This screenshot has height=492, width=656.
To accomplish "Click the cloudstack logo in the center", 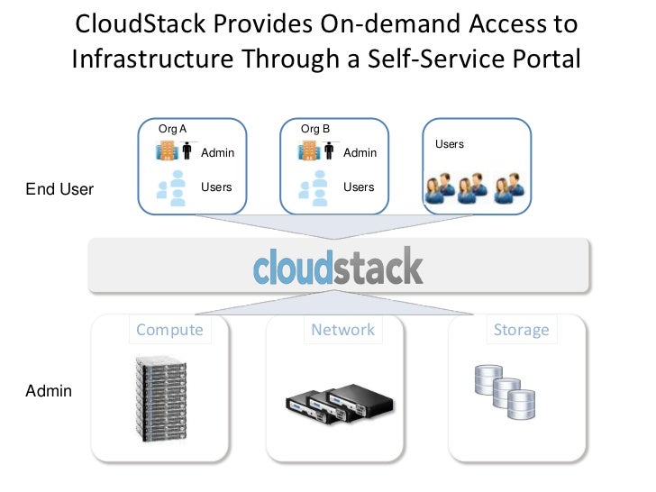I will coord(338,267).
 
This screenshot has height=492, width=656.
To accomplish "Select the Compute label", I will coord(169,330).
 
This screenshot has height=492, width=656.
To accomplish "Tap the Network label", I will coord(342,330).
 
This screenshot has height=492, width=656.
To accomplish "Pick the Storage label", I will coord(521,330).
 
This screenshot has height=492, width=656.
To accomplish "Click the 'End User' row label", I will coord(60,190).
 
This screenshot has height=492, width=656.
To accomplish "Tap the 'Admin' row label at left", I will coord(49,392).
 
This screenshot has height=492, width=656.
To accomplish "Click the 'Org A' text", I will coord(172,129).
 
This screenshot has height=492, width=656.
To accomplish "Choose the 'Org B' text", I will coord(315,129).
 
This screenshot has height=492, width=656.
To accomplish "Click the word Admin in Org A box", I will coord(217,153).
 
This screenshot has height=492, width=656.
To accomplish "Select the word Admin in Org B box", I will coord(360,153).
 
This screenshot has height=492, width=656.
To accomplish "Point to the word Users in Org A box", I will coord(216,187).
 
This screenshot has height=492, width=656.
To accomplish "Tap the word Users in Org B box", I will coord(359,187).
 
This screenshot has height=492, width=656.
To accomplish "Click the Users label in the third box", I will coord(450,144).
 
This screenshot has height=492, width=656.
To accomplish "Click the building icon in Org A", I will coord(167,150).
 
